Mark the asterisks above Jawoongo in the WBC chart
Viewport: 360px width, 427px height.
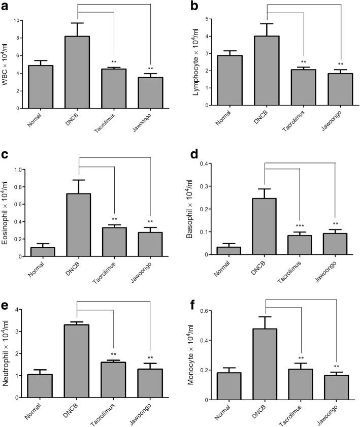[x=150, y=69]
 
